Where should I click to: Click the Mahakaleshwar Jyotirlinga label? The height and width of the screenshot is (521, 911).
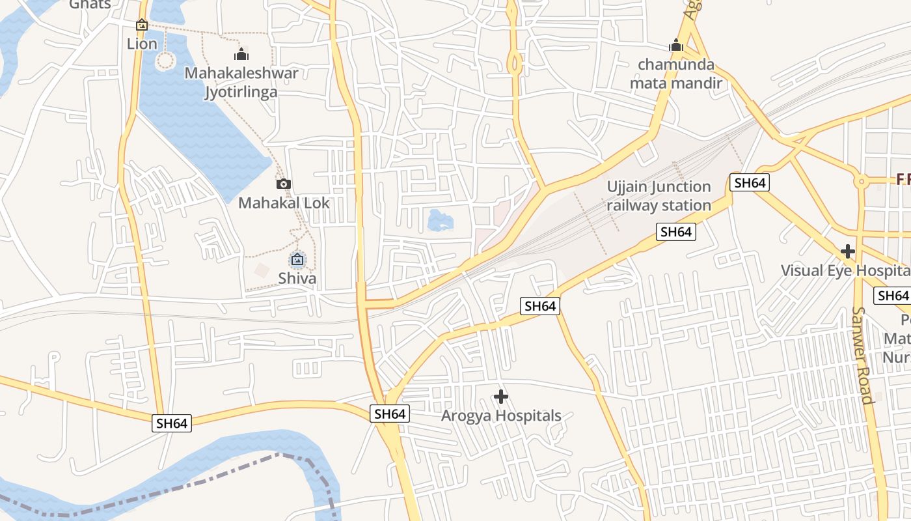click(x=241, y=82)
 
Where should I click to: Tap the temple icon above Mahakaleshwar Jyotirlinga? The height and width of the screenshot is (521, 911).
click(x=241, y=54)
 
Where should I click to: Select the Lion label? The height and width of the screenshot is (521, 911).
click(x=142, y=44)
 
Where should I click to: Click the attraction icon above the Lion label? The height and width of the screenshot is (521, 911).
click(x=142, y=25)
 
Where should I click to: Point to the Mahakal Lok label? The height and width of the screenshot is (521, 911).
click(x=284, y=203)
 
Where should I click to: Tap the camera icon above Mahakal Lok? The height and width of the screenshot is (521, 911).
click(x=283, y=184)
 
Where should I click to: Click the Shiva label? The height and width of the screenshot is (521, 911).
click(x=297, y=278)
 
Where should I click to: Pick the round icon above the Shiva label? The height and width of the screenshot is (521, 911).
click(x=297, y=260)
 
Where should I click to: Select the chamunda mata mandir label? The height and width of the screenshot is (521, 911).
click(x=676, y=74)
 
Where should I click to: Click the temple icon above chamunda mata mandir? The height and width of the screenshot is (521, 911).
click(x=676, y=46)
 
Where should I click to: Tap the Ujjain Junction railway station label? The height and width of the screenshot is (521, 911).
click(x=659, y=196)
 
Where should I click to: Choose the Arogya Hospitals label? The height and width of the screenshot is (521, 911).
click(x=501, y=415)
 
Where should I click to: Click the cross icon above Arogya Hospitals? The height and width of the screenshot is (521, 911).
click(x=501, y=396)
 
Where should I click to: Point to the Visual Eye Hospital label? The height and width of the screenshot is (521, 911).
click(x=845, y=270)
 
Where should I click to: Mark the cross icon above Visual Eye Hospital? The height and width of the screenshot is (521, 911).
click(x=847, y=251)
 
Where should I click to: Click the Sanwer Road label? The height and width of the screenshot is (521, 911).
click(x=863, y=355)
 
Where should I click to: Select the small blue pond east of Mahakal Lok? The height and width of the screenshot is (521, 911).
click(x=440, y=221)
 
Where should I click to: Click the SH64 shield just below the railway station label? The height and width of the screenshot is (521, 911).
click(x=675, y=232)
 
